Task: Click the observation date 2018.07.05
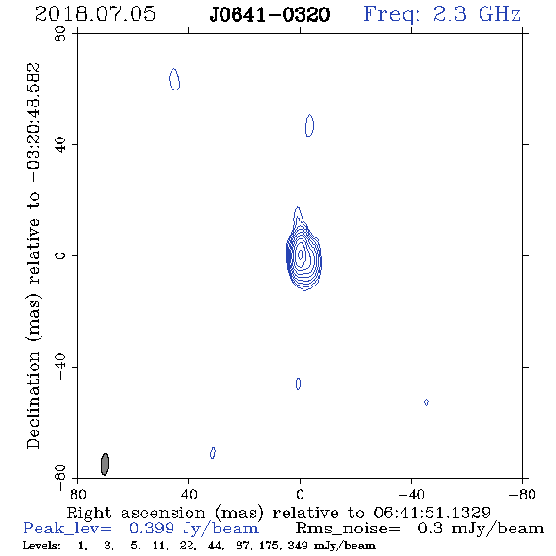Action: (x=95, y=14)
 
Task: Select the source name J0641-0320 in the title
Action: (x=270, y=14)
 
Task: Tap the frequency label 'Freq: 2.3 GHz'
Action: (x=442, y=14)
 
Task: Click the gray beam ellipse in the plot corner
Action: (x=105, y=464)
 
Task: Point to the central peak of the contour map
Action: (x=301, y=254)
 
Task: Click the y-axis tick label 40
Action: (x=60, y=145)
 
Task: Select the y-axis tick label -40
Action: (x=60, y=367)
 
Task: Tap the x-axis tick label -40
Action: (x=411, y=494)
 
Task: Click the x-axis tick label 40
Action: (x=188, y=494)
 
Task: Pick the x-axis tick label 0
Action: (x=300, y=494)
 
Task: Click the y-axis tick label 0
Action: (x=60, y=255)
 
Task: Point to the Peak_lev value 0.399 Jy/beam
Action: (x=193, y=529)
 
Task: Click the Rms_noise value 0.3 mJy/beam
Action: (x=480, y=529)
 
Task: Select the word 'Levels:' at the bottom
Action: (x=41, y=546)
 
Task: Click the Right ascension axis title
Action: (x=279, y=513)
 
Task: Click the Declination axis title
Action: (x=34, y=255)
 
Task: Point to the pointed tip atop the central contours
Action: (x=298, y=207)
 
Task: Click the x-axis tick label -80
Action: (x=522, y=494)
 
